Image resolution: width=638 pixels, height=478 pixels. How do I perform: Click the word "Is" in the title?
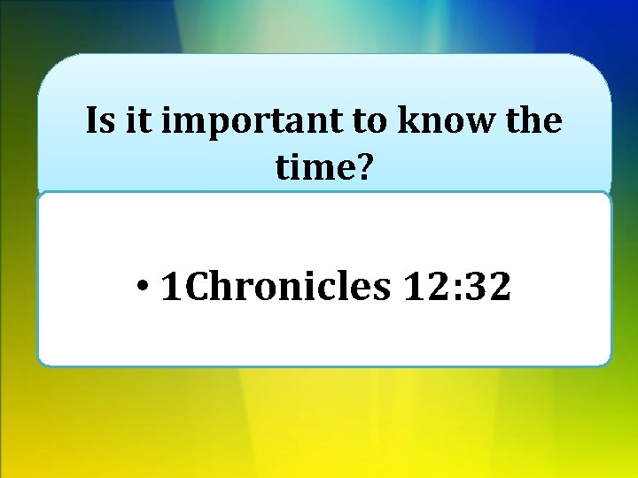[x=101, y=121]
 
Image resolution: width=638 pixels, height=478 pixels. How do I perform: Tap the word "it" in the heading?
[x=136, y=121]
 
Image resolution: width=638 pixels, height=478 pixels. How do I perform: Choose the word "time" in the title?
[x=312, y=166]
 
